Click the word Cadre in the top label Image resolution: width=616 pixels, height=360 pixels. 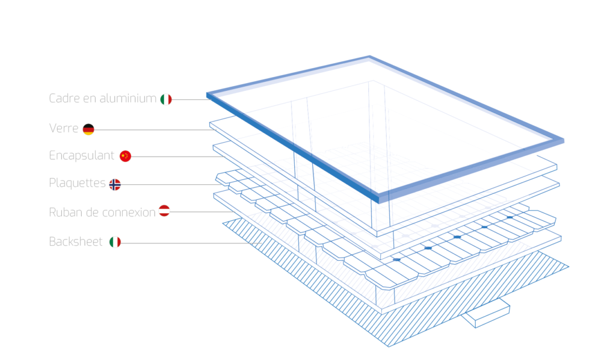tap(62, 99)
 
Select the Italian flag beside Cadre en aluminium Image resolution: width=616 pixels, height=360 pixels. tap(166, 99)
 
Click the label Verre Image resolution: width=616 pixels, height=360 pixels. tap(63, 128)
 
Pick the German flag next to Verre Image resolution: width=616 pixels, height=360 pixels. tap(88, 128)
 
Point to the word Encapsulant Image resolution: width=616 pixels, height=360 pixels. tap(81, 155)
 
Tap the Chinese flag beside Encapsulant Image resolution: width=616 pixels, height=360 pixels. tap(125, 156)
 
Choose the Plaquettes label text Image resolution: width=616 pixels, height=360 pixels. tap(77, 184)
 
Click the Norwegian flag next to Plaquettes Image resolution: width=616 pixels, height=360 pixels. tap(115, 184)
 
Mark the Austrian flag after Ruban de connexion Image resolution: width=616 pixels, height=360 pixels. tap(164, 211)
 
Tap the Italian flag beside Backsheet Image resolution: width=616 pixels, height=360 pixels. tap(115, 242)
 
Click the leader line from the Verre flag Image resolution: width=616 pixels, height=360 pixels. tap(150, 128)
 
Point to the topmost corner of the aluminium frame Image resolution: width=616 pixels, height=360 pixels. tap(368, 58)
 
